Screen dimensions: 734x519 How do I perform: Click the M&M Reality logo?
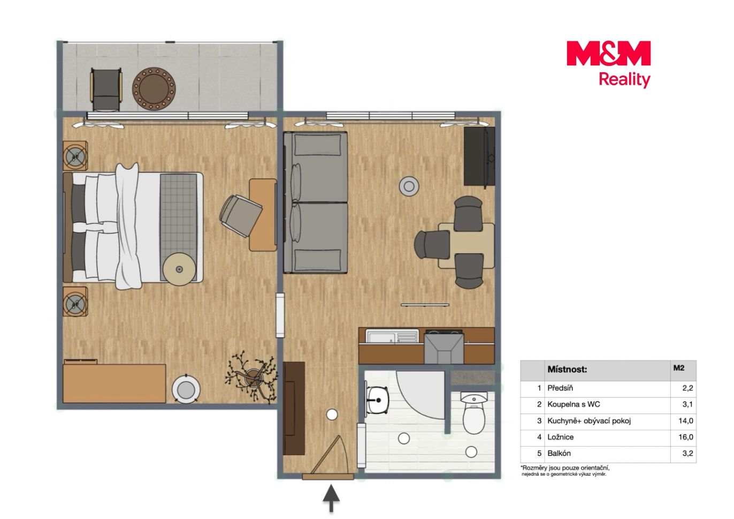point(608,64)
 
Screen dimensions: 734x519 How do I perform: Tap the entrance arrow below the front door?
point(331,498)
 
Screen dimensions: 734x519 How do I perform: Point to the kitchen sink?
point(392,336)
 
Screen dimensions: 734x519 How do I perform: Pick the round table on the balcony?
point(154,89)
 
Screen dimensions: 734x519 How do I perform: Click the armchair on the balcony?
point(106,89)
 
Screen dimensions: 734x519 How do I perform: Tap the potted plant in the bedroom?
point(251,377)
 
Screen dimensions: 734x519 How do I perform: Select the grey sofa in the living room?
point(316,202)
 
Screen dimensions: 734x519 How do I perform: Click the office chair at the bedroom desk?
point(241,215)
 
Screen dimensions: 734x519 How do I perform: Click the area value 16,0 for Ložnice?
point(686,437)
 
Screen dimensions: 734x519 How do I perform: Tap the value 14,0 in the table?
point(686,420)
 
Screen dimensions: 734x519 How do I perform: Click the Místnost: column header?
point(567,370)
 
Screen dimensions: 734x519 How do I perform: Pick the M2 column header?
point(679,368)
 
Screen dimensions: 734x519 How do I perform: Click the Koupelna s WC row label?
point(574,404)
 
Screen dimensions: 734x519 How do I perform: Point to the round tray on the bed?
point(179,269)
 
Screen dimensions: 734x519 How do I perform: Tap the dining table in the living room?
point(467,245)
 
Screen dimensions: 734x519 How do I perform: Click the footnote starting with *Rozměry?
point(565,471)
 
